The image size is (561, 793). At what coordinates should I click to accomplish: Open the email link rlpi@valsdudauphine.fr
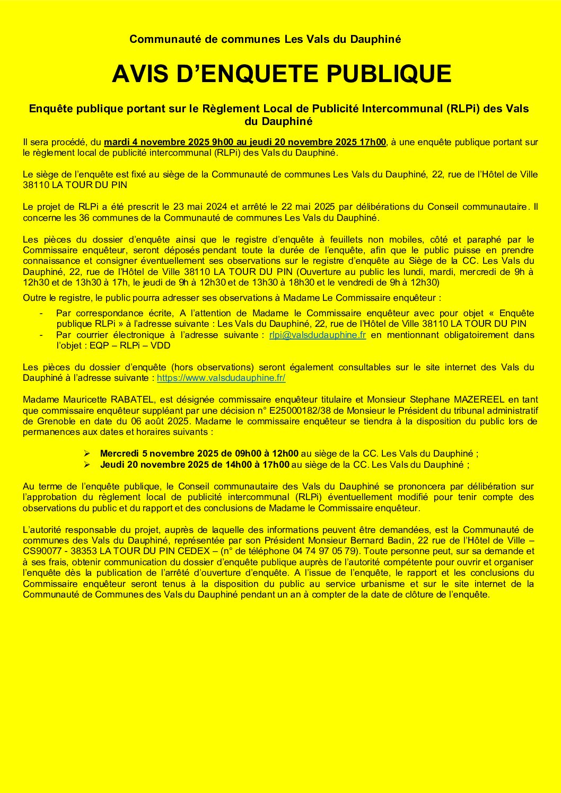tap(318, 335)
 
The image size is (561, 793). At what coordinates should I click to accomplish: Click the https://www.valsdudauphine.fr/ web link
tap(221, 378)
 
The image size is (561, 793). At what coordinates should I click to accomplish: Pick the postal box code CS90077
tap(39, 551)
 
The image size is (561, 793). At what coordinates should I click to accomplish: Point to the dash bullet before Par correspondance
tap(41, 313)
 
